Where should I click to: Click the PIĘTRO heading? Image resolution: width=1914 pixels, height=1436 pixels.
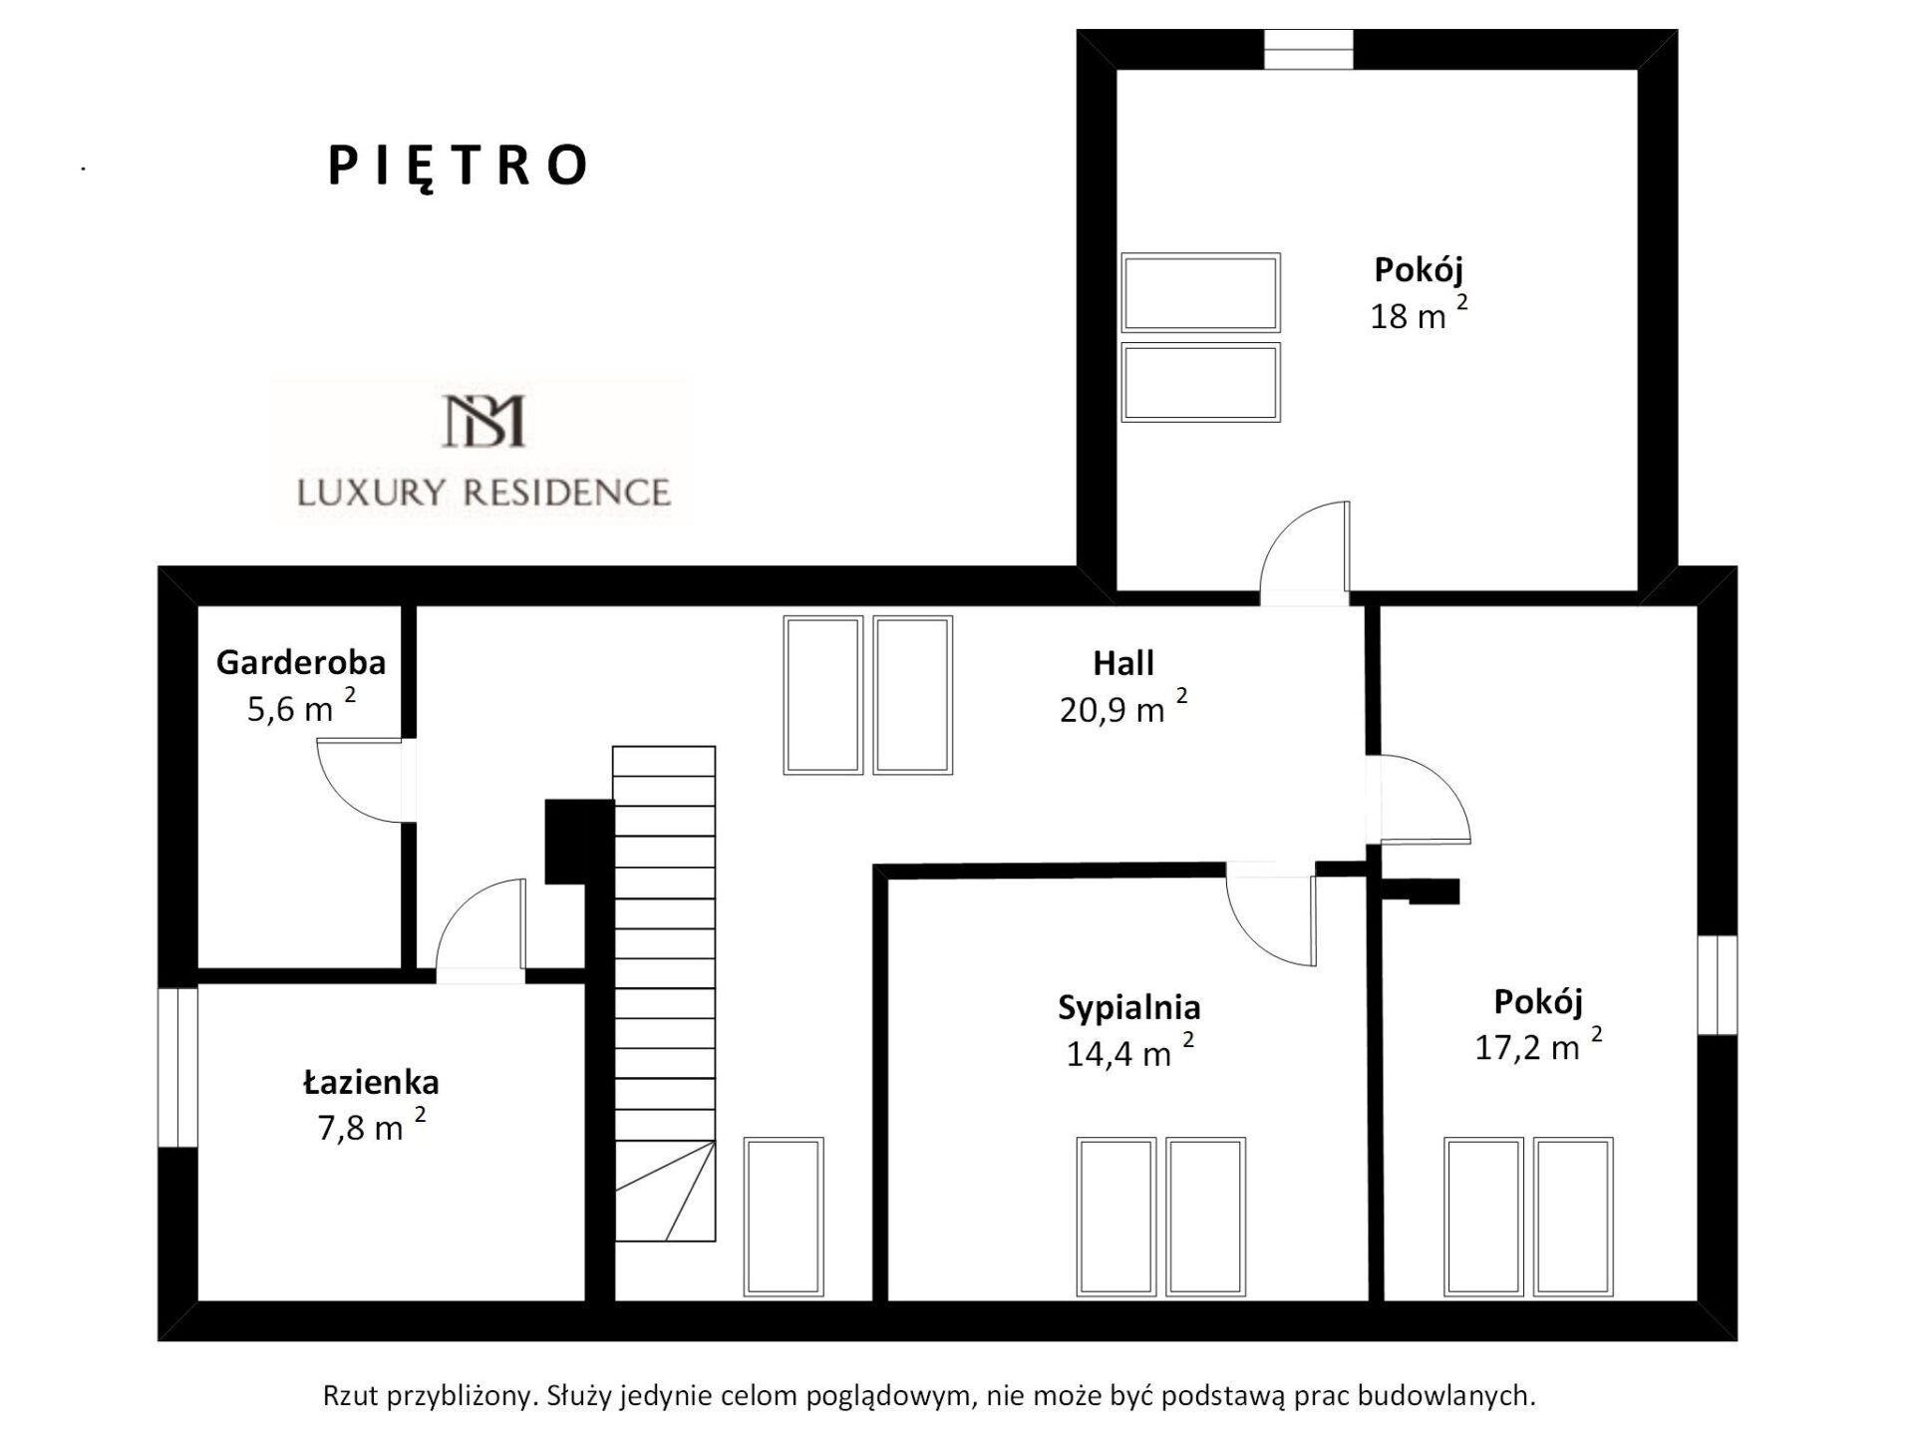click(x=458, y=168)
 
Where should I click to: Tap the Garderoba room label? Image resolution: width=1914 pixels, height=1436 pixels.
click(x=301, y=662)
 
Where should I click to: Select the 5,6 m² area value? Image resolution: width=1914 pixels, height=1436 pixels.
click(x=301, y=706)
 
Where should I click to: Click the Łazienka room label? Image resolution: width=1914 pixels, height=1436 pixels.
click(x=371, y=1082)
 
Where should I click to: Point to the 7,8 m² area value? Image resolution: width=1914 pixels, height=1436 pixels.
click(x=371, y=1125)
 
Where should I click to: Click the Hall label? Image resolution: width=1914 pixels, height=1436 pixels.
click(x=1123, y=663)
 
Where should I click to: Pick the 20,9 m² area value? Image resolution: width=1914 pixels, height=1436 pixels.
click(x=1123, y=707)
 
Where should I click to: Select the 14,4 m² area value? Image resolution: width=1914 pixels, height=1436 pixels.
click(x=1129, y=1052)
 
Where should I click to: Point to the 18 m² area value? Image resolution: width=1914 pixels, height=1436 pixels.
click(x=1419, y=314)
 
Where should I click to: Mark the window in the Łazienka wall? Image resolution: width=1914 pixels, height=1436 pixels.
click(x=178, y=1067)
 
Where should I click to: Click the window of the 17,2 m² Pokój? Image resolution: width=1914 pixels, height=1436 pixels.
click(x=1717, y=985)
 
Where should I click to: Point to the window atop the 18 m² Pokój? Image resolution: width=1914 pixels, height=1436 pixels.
click(x=1309, y=50)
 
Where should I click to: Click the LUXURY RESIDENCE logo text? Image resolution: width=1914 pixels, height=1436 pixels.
click(x=483, y=492)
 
